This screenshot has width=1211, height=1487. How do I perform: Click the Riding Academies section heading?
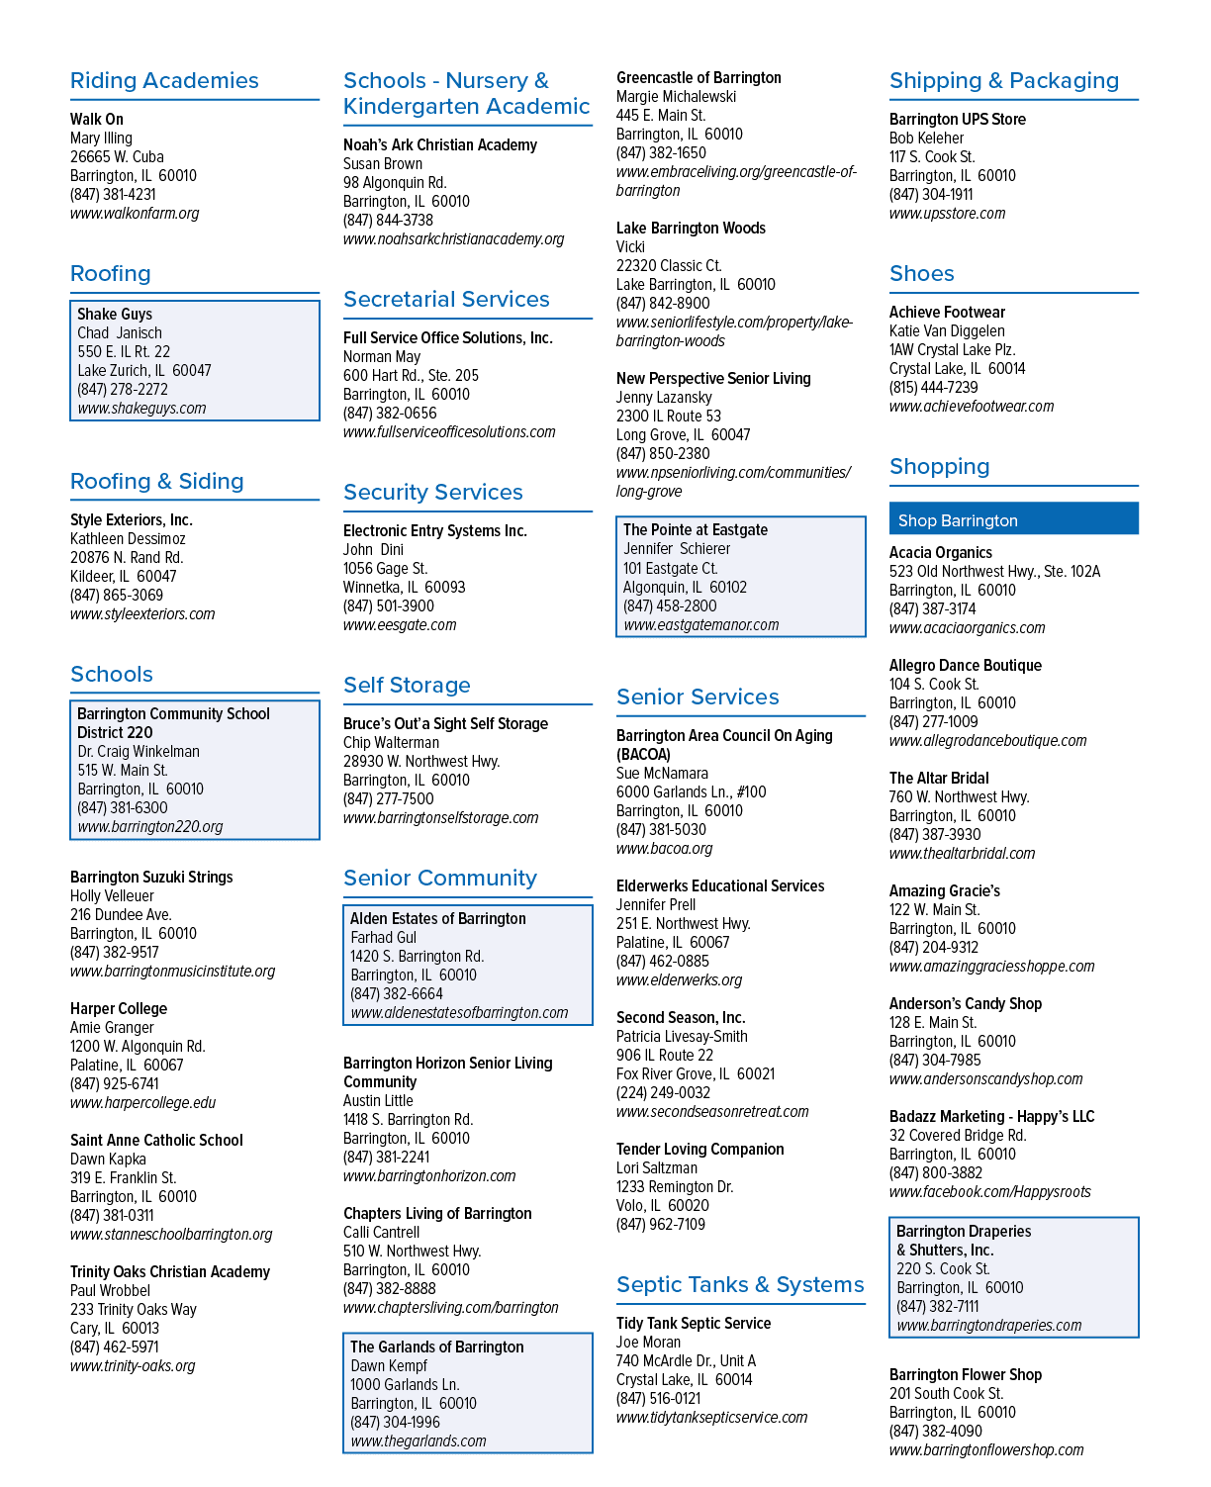pyautogui.click(x=164, y=80)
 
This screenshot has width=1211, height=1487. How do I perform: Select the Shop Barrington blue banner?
pyautogui.click(x=1013, y=518)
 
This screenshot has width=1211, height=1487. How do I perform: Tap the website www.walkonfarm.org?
pyautogui.click(x=134, y=213)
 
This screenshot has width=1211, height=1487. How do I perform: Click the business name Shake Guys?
pyautogui.click(x=115, y=315)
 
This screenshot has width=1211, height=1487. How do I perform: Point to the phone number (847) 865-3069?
pyautogui.click(x=117, y=595)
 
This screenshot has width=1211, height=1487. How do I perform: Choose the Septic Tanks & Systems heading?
pyautogui.click(x=740, y=1284)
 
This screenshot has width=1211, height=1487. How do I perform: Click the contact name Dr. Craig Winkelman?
pyautogui.click(x=139, y=751)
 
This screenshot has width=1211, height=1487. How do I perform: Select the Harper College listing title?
pyautogui.click(x=119, y=1008)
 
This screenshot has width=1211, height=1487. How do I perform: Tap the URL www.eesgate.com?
pyautogui.click(x=400, y=625)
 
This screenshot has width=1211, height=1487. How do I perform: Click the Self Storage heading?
pyautogui.click(x=407, y=685)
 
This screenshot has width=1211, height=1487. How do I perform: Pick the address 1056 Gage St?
pyautogui.click(x=385, y=568)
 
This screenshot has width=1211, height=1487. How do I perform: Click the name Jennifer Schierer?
pyautogui.click(x=677, y=549)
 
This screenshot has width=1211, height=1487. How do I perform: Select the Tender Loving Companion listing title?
pyautogui.click(x=700, y=1149)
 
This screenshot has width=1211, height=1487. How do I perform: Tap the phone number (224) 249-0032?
pyautogui.click(x=663, y=1092)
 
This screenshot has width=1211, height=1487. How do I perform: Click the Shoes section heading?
pyautogui.click(x=921, y=273)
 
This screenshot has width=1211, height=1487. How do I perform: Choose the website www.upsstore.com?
pyautogui.click(x=947, y=213)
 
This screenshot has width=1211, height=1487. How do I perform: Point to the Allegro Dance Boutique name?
pyautogui.click(x=966, y=665)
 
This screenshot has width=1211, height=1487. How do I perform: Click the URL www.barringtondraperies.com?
pyautogui.click(x=989, y=1325)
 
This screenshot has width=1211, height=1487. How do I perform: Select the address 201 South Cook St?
pyautogui.click(x=946, y=1393)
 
